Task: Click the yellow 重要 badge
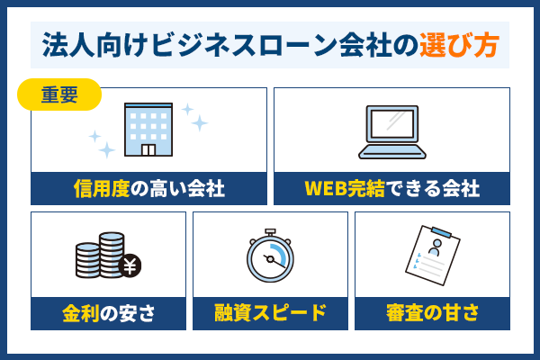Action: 59,94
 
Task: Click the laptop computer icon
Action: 391,130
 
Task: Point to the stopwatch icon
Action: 270,256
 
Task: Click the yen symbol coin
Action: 128,265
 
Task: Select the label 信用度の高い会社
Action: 148,189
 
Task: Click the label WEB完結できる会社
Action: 391,189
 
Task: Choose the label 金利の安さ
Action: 109,314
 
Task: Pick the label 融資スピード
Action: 270,314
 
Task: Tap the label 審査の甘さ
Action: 432,314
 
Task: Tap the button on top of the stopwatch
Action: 270,232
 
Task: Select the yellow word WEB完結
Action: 342,189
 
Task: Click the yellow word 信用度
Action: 100,189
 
